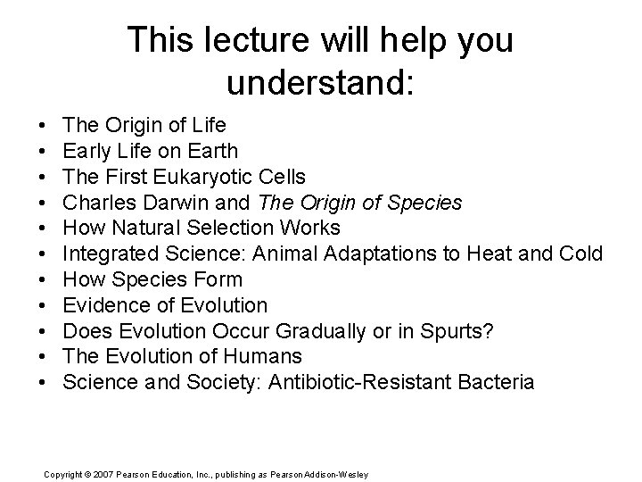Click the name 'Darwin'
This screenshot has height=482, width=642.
point(212,203)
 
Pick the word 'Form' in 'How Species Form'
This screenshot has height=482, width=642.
point(221,280)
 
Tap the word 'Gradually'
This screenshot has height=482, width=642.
point(315,332)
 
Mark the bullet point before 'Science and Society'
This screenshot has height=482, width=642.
point(44,384)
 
